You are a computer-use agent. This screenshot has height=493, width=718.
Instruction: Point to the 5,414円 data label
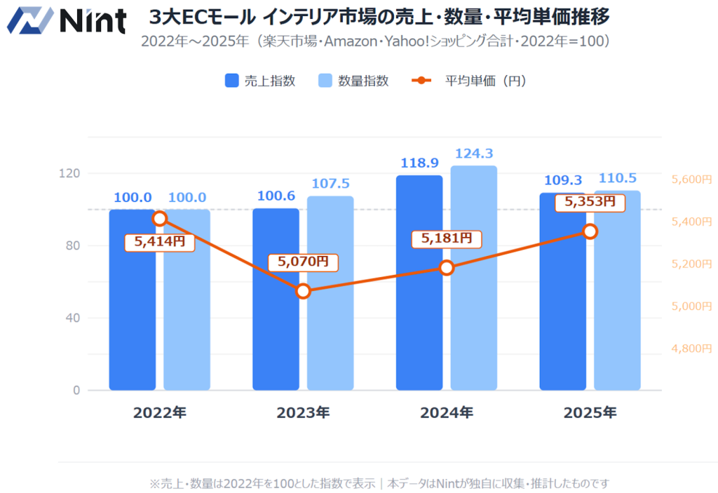pos(159,242)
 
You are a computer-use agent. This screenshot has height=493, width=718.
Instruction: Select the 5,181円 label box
pos(447,238)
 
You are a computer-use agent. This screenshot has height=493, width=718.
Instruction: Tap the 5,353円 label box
pos(590,202)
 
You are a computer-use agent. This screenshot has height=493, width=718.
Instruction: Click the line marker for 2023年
pos(303,290)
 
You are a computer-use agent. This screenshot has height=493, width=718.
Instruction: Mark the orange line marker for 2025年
pos(590,231)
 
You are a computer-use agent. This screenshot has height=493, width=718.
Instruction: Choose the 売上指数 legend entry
pos(260,81)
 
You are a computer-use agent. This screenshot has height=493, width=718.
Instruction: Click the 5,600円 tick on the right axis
pos(691,180)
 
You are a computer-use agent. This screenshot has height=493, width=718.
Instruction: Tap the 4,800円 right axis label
pos(691,348)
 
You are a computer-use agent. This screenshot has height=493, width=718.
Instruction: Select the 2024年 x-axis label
pos(447,412)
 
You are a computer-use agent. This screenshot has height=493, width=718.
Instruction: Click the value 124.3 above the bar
pos(473,153)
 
